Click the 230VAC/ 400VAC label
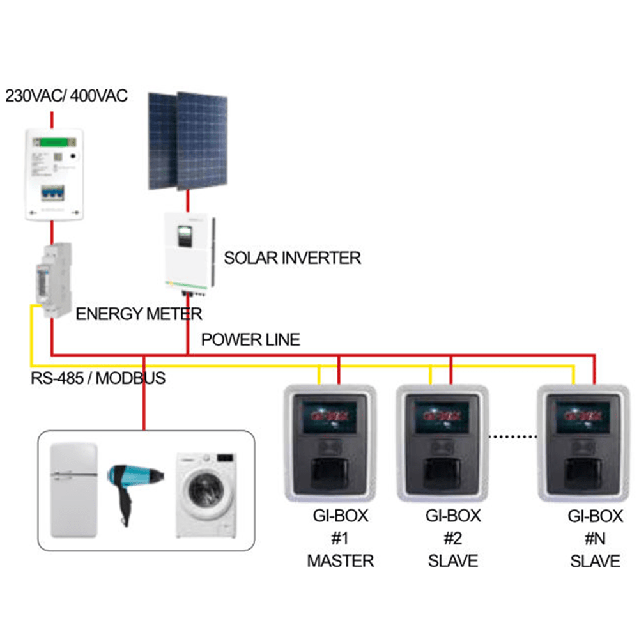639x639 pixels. point(66,96)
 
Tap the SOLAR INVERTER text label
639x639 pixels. point(292,258)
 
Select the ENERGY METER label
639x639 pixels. point(139,314)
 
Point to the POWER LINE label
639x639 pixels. point(250,339)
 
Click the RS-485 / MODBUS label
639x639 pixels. point(98,378)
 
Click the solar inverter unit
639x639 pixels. point(187,252)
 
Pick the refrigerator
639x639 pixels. point(73,489)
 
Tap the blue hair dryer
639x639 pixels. point(132,482)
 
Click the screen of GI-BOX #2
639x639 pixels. point(442,419)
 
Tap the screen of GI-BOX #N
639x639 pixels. point(582,419)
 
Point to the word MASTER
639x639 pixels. point(340,561)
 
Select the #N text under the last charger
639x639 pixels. point(594,539)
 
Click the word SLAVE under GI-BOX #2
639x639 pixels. point(453,561)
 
